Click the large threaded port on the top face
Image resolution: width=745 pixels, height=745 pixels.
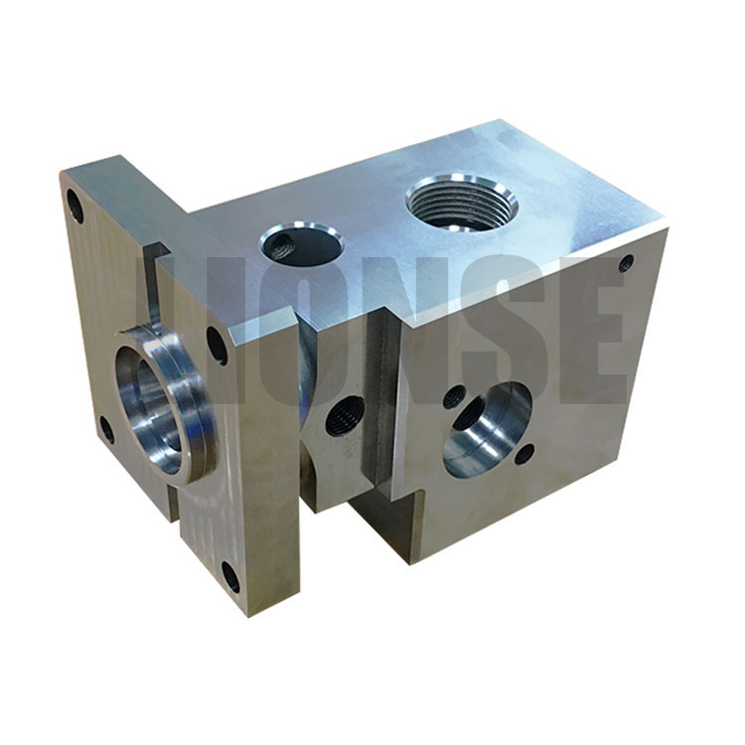[x=461, y=204]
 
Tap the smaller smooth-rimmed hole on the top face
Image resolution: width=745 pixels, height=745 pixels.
[x=300, y=244]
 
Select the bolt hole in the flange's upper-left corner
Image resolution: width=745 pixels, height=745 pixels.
[x=75, y=207]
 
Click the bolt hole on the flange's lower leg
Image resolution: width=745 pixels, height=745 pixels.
[x=231, y=577]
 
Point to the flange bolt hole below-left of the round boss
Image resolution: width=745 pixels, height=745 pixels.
[x=108, y=429]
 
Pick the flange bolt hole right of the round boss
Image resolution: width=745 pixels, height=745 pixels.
[x=217, y=345]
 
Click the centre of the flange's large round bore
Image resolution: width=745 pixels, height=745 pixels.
[x=151, y=409]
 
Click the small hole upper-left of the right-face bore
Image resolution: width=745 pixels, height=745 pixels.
[x=454, y=397]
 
